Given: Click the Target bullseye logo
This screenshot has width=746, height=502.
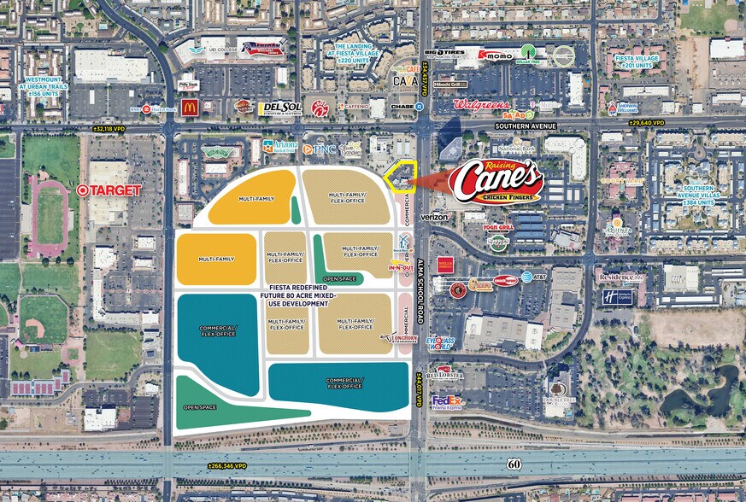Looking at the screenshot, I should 83,190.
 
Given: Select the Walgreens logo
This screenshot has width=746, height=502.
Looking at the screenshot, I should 481,105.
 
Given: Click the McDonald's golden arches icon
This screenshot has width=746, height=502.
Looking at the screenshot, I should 190,107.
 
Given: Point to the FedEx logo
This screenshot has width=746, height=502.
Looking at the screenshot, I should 447,400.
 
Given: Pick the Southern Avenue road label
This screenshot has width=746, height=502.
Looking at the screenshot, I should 525,126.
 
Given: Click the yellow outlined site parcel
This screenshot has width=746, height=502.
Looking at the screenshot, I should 398,178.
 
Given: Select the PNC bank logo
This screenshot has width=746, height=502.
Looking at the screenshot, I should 320,149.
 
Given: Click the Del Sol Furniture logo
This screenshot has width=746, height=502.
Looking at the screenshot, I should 279,108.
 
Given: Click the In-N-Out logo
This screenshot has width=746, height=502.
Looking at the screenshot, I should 401,268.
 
